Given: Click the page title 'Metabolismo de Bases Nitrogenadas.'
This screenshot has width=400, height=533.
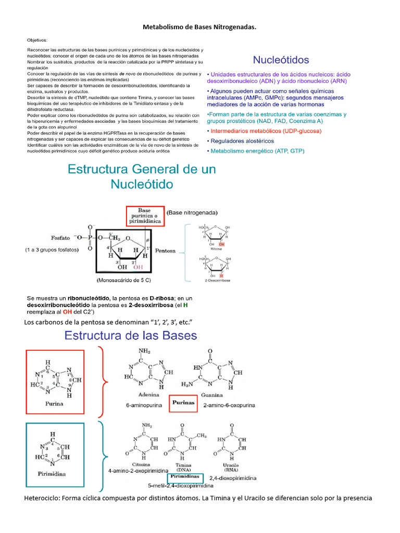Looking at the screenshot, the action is (x=200, y=26).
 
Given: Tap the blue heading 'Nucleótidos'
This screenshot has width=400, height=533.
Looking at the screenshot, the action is (x=281, y=60).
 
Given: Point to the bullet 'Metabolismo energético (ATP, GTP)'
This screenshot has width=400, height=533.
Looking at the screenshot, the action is (x=257, y=151).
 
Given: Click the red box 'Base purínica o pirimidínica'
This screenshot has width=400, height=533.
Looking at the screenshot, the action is (x=144, y=215).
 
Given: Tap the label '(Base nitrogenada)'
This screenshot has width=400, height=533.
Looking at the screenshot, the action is (x=192, y=212).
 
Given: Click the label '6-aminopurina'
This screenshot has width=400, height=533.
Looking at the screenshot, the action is (x=143, y=405).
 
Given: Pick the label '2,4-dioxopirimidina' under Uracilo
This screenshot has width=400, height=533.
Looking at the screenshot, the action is (x=233, y=477).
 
